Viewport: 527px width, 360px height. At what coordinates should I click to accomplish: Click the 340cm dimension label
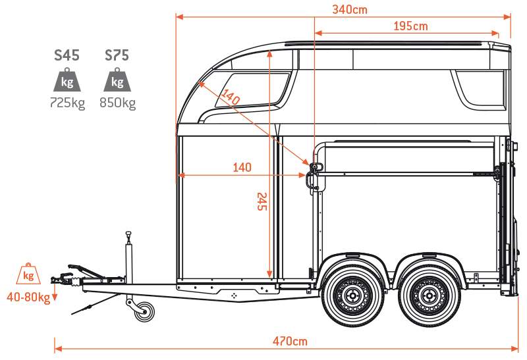click(x=350, y=9)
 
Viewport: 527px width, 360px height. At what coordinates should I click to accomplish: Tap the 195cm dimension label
click(x=410, y=26)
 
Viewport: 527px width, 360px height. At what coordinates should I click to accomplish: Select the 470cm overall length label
click(x=290, y=341)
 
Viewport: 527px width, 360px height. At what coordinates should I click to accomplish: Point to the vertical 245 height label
click(x=262, y=201)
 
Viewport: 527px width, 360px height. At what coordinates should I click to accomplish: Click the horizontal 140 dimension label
click(x=242, y=167)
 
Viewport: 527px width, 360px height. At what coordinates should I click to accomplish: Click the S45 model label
click(x=67, y=55)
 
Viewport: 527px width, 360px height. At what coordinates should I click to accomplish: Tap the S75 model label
click(x=117, y=55)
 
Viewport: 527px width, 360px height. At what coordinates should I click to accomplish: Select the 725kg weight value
click(x=67, y=103)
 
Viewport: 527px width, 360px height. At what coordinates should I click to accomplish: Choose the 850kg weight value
click(x=118, y=103)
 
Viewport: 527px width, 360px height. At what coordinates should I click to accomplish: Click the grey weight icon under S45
click(x=67, y=80)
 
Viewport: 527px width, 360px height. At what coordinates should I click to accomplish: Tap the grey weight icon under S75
click(x=117, y=80)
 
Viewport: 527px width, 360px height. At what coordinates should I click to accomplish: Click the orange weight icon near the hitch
click(x=28, y=274)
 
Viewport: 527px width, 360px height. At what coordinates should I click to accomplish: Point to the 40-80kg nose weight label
click(x=28, y=297)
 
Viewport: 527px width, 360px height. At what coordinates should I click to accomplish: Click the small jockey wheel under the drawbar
click(x=145, y=311)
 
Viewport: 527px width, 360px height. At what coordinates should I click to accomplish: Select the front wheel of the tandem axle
click(x=353, y=296)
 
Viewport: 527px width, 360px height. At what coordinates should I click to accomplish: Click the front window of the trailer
click(x=252, y=90)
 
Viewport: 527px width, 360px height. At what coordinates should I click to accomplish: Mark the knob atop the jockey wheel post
click(x=128, y=234)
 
